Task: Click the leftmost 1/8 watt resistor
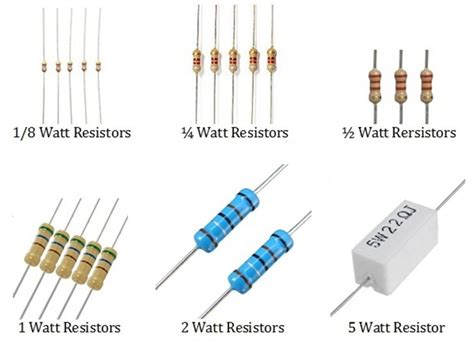coord(43,66)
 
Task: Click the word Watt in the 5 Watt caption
coord(383,326)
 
